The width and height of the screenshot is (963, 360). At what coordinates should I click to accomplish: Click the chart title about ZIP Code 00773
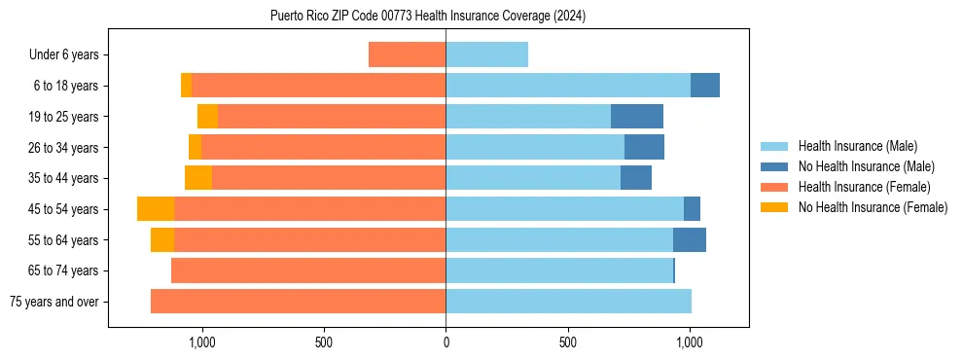click(428, 17)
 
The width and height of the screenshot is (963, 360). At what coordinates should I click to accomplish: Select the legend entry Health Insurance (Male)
click(857, 146)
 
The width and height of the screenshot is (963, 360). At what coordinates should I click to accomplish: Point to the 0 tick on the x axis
click(446, 342)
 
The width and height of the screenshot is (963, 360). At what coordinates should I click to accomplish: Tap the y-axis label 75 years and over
click(54, 302)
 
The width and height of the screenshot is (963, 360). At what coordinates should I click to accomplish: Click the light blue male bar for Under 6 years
click(486, 55)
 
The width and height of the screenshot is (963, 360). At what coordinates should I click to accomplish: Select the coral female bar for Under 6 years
click(408, 55)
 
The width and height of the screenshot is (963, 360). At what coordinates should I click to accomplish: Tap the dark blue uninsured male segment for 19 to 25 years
click(637, 117)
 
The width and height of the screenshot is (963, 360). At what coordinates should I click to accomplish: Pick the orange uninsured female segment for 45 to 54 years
click(156, 209)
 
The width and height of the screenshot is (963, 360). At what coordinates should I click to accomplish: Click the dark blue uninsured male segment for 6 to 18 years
click(705, 86)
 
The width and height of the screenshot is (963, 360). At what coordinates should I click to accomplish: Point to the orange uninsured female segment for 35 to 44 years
click(198, 178)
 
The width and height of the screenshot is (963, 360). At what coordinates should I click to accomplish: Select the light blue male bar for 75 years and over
click(568, 302)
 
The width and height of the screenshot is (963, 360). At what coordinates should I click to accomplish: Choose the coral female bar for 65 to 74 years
click(308, 270)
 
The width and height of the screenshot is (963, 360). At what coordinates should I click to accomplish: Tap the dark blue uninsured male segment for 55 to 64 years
click(690, 240)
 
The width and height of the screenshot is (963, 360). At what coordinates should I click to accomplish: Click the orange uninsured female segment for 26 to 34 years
click(195, 148)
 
